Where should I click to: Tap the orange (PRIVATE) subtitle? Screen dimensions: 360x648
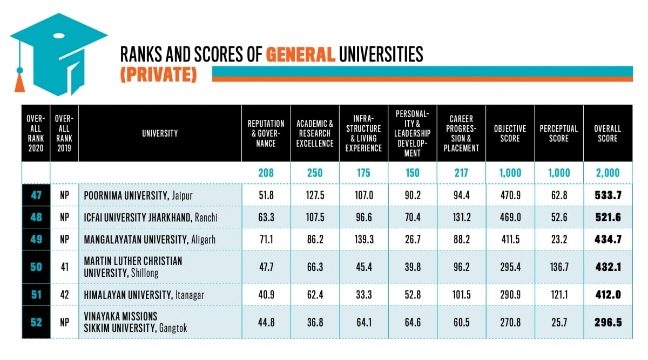pos(158,74)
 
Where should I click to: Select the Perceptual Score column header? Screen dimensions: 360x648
pos(558,133)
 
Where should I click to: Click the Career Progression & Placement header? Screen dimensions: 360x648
pos(461,133)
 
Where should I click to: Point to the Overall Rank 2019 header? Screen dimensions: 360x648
pos(64,133)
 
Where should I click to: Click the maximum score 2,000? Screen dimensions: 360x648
pos(607,173)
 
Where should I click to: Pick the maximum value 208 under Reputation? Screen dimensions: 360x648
pos(266,173)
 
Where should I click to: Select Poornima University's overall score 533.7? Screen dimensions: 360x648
pos(607,195)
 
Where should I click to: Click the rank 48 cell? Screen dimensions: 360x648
pos(36,218)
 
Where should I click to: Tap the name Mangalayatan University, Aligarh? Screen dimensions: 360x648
pos(150,240)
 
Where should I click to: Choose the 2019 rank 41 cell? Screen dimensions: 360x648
pos(64,267)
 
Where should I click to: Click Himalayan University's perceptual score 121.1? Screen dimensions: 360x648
pos(558,295)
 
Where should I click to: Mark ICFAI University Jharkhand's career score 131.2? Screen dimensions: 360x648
pos(461,218)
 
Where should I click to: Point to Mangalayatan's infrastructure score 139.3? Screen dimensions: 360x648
pos(363,240)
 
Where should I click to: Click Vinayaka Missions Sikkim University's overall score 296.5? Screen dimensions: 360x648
pos(607,322)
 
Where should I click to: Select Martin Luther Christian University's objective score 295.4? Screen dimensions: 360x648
pos(510,267)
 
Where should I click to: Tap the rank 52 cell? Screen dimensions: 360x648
pos(36,322)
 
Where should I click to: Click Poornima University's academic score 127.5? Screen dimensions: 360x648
pos(315,195)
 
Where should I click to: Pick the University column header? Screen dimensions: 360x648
pos(160,133)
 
